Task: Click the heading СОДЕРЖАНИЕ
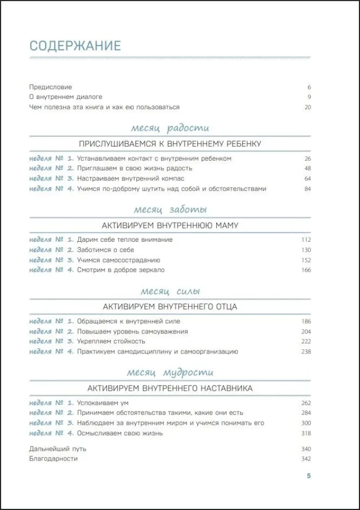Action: click(x=75, y=46)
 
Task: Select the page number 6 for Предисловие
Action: click(x=309, y=87)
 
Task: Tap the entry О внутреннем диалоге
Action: click(x=66, y=97)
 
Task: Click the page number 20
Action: click(x=307, y=107)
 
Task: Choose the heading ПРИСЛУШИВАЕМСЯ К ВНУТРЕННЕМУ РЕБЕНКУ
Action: click(x=170, y=144)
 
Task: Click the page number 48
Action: click(x=307, y=169)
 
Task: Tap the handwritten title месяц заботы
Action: click(x=170, y=210)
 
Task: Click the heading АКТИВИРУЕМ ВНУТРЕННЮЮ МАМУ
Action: click(x=170, y=225)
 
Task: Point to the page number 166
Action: click(x=306, y=270)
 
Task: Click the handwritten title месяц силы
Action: click(x=170, y=291)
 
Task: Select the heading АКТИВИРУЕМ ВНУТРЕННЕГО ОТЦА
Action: click(x=170, y=307)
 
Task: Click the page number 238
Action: click(x=306, y=351)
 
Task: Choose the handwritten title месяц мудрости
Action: click(x=170, y=373)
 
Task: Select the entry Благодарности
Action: click(x=54, y=458)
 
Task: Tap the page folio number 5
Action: click(x=308, y=476)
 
